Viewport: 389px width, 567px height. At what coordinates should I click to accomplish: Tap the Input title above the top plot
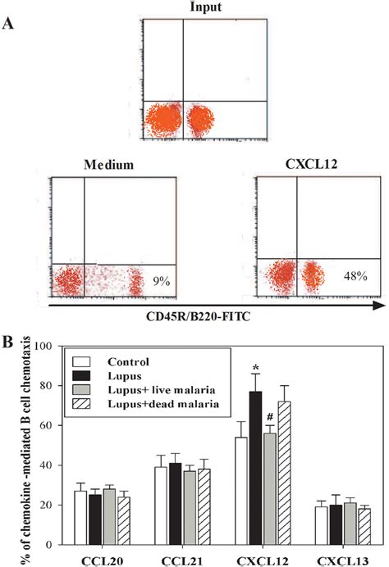pyautogui.click(x=181, y=7)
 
